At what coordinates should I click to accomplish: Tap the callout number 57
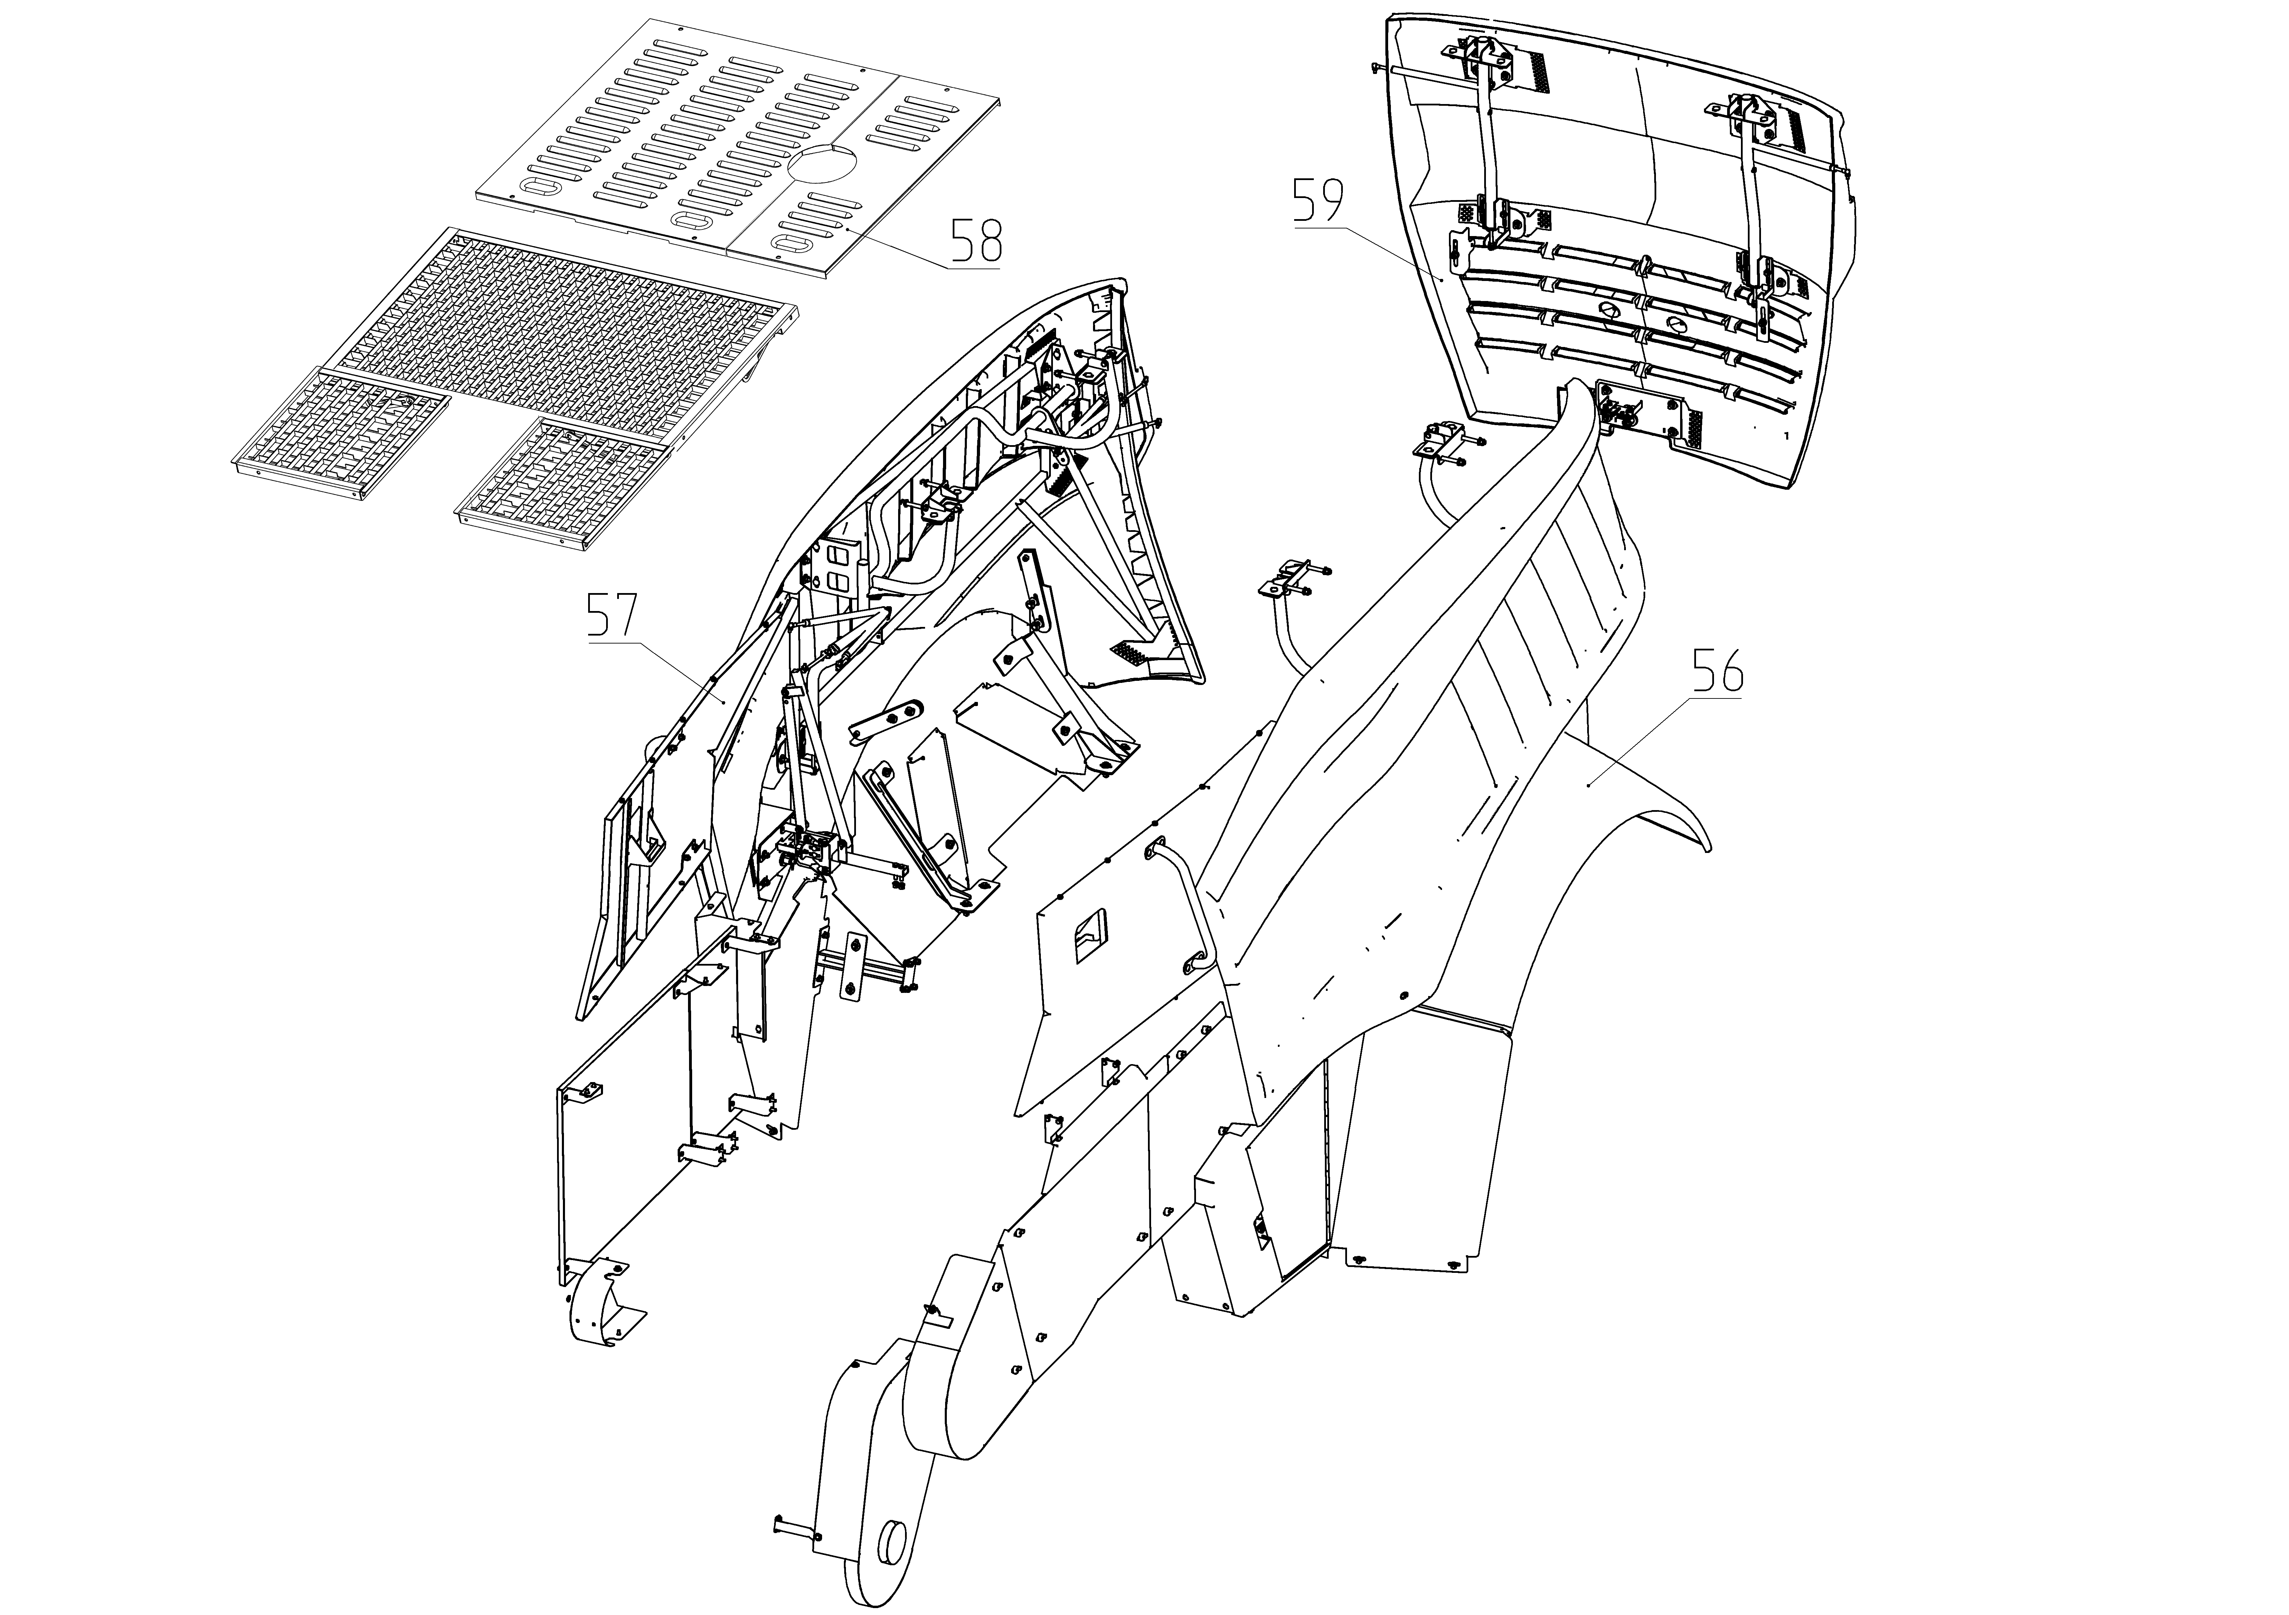coord(610,616)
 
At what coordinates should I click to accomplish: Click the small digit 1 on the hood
coord(1787,436)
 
